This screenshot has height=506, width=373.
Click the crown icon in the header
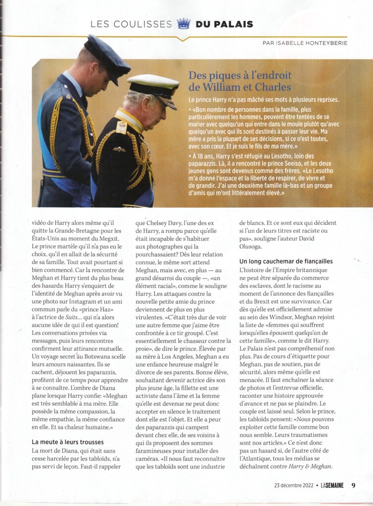point(184,24)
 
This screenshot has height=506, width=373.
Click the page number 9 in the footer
point(353,485)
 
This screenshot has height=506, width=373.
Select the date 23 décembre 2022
point(296,485)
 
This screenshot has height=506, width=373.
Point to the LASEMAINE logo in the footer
point(331,485)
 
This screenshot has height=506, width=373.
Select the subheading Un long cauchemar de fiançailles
point(286,260)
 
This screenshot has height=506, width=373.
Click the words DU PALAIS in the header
point(224,24)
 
